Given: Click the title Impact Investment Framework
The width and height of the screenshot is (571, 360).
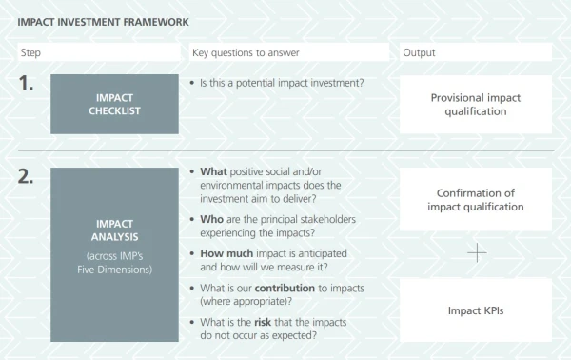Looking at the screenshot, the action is (x=103, y=22).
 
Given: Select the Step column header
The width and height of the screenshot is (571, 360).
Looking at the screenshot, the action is (x=30, y=52).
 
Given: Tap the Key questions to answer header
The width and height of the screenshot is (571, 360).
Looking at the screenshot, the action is (x=246, y=52).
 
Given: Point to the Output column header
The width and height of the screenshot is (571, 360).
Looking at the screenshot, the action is (x=419, y=52).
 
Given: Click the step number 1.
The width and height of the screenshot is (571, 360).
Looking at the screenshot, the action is (x=26, y=83).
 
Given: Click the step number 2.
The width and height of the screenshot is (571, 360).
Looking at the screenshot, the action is (x=26, y=176).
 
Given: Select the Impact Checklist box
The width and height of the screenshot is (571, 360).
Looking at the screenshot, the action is (x=115, y=104).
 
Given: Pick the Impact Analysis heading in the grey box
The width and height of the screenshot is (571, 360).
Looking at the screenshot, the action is (x=115, y=230).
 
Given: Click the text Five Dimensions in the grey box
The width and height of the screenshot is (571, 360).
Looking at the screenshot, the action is (x=115, y=270).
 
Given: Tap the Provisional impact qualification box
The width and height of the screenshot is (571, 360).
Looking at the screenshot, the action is (x=476, y=104).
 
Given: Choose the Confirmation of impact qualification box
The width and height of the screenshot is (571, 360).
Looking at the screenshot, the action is (x=476, y=199).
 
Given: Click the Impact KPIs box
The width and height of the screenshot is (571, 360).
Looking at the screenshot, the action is (x=476, y=310).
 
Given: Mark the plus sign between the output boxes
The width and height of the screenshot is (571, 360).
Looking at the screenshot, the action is (x=477, y=253).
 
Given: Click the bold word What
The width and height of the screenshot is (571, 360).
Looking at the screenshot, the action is (x=213, y=171).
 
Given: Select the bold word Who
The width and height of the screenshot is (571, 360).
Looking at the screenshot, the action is (x=211, y=219).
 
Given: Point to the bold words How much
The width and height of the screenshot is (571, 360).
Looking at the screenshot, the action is (x=226, y=253).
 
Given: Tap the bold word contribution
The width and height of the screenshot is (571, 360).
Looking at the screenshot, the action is (x=285, y=289).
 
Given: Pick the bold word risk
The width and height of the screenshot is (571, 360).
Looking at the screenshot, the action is (x=263, y=323).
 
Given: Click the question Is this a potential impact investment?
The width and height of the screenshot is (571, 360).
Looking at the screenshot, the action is (x=282, y=83).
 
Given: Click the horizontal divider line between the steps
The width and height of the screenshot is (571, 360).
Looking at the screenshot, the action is (x=286, y=150).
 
